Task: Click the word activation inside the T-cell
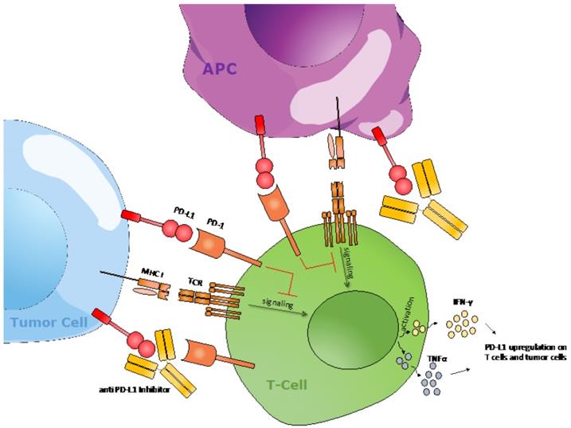tap(411, 328)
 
